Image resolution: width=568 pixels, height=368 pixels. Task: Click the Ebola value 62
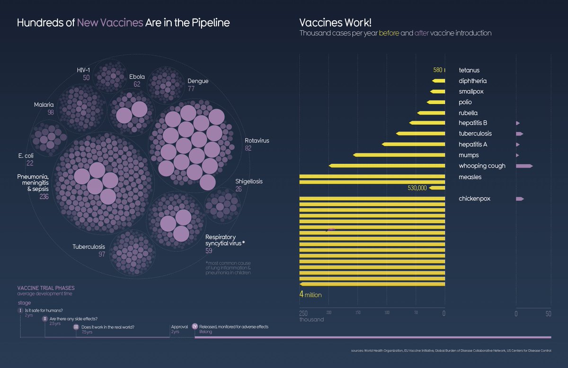(x=137, y=84)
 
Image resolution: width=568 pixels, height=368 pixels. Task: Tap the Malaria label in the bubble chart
(x=44, y=105)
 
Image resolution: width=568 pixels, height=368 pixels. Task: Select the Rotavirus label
(x=257, y=141)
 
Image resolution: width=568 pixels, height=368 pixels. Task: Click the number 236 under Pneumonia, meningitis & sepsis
(x=44, y=197)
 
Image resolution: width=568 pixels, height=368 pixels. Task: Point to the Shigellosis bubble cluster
(x=222, y=205)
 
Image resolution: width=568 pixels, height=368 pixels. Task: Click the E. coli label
(x=26, y=155)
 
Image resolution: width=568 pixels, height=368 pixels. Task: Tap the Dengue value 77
(x=191, y=89)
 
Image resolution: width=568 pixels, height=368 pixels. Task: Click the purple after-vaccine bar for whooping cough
(x=524, y=166)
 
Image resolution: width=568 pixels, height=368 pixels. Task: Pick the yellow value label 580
(x=437, y=70)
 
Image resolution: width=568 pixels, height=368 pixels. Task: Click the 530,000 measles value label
(x=417, y=188)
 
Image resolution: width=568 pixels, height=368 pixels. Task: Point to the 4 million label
(x=311, y=295)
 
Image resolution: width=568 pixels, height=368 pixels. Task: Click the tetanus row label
(x=469, y=70)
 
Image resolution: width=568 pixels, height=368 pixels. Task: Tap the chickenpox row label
(x=474, y=198)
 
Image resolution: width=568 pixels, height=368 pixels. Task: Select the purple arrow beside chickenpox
(x=520, y=198)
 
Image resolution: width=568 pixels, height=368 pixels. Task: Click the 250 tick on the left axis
(x=303, y=313)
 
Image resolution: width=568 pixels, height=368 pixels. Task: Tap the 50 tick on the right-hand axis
(x=548, y=314)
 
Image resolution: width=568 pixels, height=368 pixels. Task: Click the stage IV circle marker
(x=195, y=326)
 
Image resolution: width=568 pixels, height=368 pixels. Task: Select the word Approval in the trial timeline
(x=179, y=327)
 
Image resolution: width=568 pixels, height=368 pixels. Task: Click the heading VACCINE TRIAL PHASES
(x=46, y=288)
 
